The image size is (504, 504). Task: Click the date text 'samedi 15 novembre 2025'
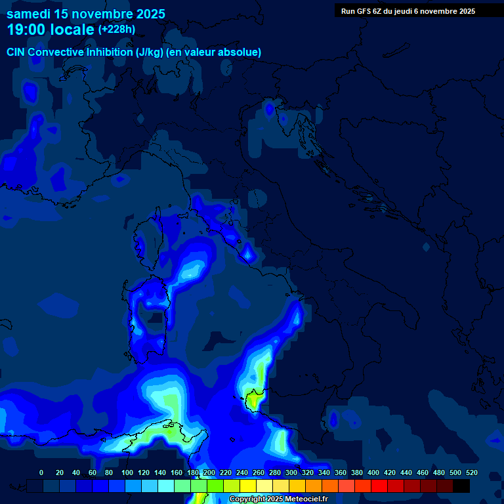click(x=86, y=14)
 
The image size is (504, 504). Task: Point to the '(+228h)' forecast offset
click(x=117, y=30)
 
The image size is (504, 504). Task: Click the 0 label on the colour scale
click(x=41, y=472)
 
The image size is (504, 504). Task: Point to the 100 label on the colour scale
click(x=127, y=472)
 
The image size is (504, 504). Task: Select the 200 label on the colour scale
click(x=209, y=472)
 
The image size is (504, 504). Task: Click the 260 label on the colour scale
click(x=259, y=472)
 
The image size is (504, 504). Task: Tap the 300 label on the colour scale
click(x=291, y=472)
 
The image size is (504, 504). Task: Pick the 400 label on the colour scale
click(x=373, y=472)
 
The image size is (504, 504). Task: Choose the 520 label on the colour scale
click(x=471, y=472)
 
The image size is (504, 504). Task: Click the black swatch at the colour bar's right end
click(x=461, y=486)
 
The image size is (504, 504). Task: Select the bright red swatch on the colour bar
click(x=379, y=486)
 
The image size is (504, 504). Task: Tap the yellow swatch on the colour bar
click(x=248, y=486)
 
